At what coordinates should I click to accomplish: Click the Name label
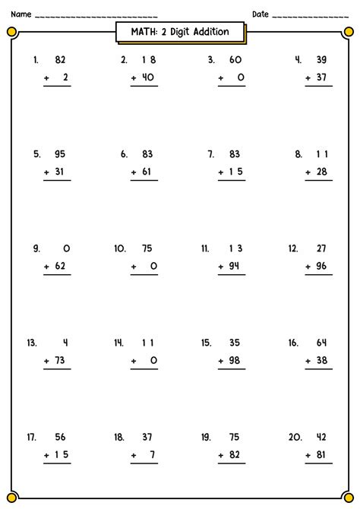[21, 14]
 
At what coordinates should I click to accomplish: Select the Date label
[261, 14]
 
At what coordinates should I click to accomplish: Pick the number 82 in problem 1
[61, 58]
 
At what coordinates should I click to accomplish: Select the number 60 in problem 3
[235, 58]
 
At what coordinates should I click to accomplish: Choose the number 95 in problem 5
[61, 153]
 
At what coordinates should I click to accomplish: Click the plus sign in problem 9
[47, 266]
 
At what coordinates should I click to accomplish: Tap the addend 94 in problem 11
[236, 266]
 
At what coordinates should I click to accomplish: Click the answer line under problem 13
[57, 370]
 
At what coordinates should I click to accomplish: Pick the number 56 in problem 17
[61, 437]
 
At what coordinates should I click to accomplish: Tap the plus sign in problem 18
[134, 455]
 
